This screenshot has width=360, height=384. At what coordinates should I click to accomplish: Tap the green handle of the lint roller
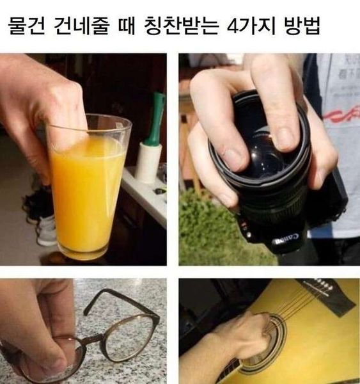click(x=155, y=118)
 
